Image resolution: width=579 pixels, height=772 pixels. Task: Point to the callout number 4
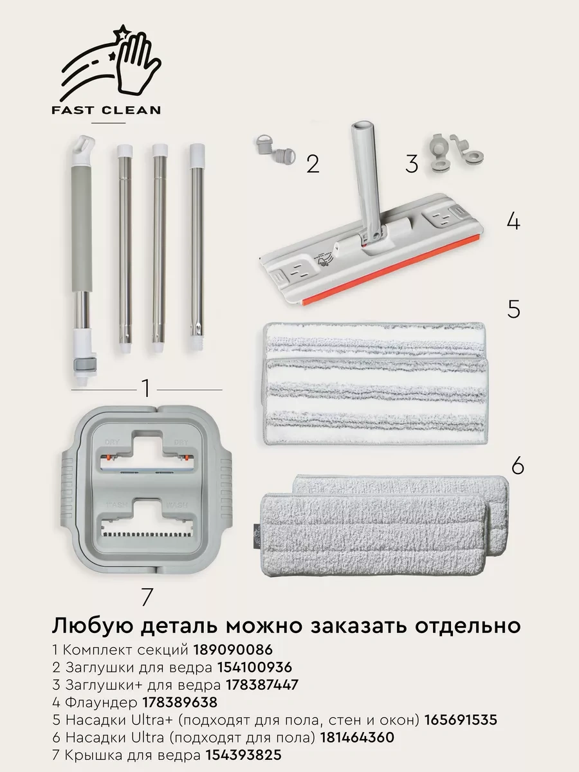coord(513,221)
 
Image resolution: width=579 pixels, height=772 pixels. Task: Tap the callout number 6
coord(518,466)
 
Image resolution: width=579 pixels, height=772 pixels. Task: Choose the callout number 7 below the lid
coord(147,597)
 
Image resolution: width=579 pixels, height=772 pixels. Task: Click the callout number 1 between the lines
coord(146,389)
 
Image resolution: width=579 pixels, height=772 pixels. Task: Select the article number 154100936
coord(255,667)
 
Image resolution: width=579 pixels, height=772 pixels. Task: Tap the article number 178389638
coord(180,702)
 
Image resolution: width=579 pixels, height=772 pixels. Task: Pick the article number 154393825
coord(244,754)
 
